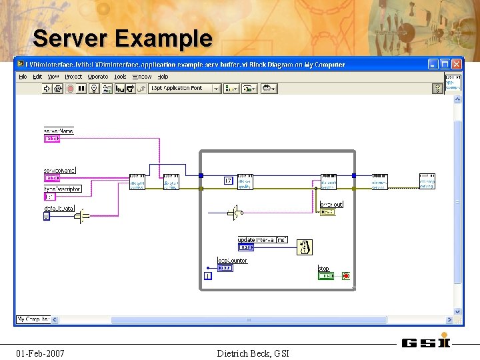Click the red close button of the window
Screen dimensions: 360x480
tap(457, 63)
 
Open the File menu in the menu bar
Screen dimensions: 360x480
tap(23, 77)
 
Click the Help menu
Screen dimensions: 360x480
tap(163, 77)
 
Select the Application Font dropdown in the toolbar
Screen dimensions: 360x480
tap(185, 88)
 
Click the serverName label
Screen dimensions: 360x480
tap(58, 131)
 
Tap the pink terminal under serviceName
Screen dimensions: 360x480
tap(51, 178)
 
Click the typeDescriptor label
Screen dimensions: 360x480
tap(62, 189)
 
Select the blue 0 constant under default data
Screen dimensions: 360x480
tap(47, 217)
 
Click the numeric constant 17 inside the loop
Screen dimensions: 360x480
tap(228, 181)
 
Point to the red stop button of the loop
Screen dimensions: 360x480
tap(346, 275)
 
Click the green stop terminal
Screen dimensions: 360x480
tap(325, 275)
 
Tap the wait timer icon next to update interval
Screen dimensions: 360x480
tap(305, 247)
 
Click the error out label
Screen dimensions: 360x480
tap(331, 204)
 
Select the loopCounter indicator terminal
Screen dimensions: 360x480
tap(225, 268)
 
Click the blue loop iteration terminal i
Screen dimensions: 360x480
tap(207, 275)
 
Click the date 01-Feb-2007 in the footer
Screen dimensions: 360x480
tap(40, 353)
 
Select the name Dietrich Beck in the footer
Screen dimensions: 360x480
tap(243, 353)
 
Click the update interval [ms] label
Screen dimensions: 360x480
tap(263, 239)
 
